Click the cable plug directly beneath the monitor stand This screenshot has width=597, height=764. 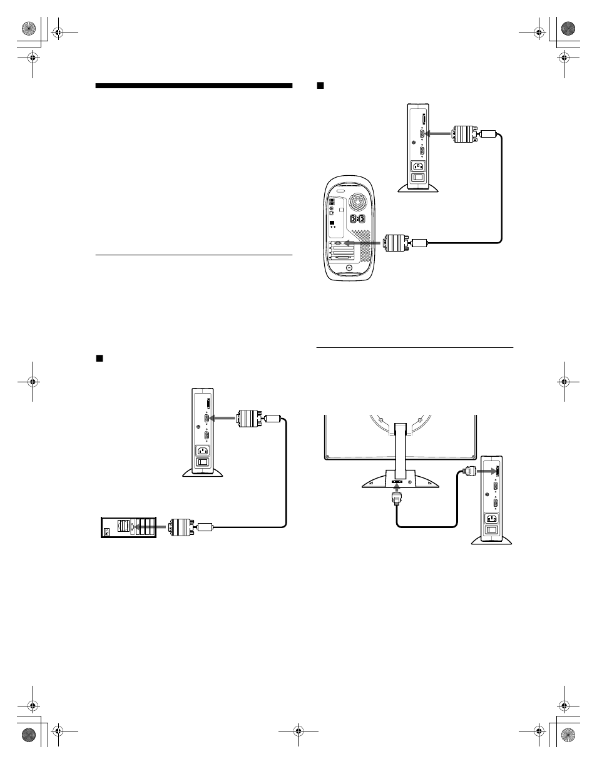pos(396,498)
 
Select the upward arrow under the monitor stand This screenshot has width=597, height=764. pos(396,487)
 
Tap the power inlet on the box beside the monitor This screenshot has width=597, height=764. pos(490,518)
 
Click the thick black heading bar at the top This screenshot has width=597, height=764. pos(194,86)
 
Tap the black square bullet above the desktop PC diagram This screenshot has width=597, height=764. pos(98,359)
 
